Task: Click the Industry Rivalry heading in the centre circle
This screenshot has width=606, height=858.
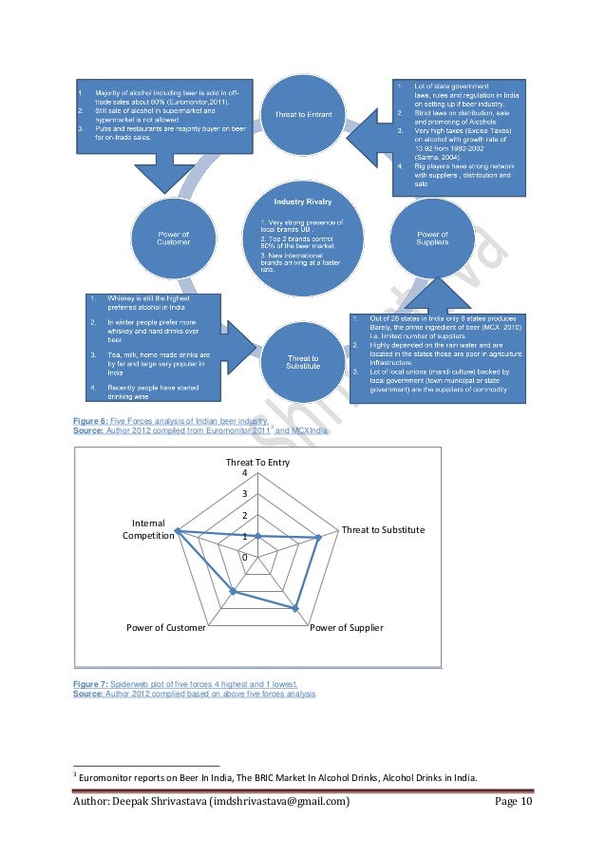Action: coord(303,202)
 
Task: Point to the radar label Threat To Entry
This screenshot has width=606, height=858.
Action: coord(257,462)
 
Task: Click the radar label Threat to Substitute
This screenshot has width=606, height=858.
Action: coord(383,529)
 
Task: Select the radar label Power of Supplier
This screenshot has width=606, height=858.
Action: coord(347,628)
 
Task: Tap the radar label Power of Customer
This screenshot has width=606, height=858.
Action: coord(167,628)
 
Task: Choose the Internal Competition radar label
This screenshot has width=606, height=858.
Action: coord(148,529)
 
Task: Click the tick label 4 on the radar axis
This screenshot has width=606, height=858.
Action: coord(245,473)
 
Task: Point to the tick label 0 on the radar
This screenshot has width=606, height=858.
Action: coord(245,557)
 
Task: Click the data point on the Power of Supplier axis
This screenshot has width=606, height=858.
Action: coord(297,608)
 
